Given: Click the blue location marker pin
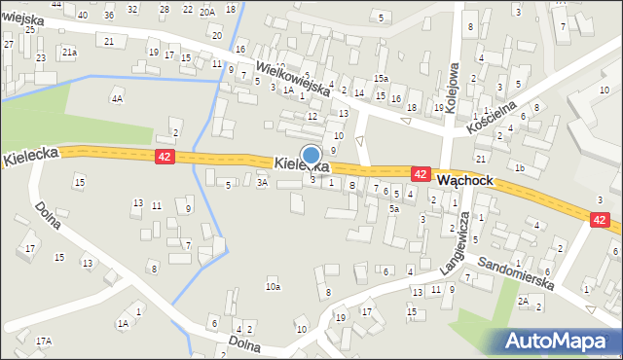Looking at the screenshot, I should (x=311, y=156).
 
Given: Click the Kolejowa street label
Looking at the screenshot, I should (x=451, y=90).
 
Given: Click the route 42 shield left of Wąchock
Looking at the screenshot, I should (x=421, y=173).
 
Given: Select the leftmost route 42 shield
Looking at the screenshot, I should (x=165, y=156).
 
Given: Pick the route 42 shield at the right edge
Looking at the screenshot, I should (x=600, y=221).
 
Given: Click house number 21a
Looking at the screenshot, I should (x=69, y=52).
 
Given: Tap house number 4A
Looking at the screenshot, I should (x=117, y=98).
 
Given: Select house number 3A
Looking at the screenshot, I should (x=262, y=182).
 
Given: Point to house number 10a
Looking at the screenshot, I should (x=274, y=286).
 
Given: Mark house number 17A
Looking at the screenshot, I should (x=44, y=341).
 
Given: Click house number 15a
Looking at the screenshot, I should (x=381, y=78).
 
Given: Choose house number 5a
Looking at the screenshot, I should (x=394, y=208).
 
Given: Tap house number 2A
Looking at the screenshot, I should (x=523, y=302).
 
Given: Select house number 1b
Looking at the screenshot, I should (x=520, y=167).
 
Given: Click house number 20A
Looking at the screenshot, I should (x=207, y=12).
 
